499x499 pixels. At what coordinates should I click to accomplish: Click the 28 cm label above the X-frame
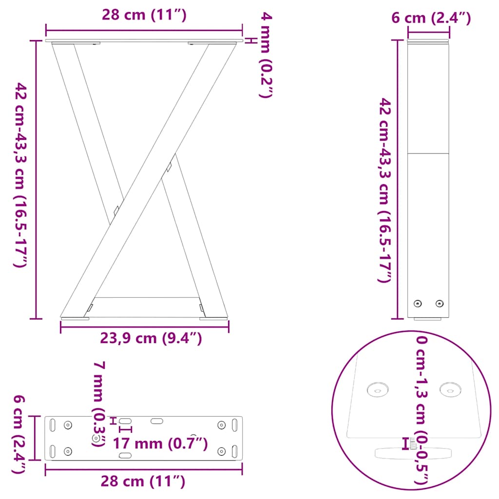144,15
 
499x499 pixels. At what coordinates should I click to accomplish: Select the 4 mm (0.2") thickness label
265,56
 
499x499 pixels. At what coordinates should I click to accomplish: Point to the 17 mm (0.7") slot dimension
160,443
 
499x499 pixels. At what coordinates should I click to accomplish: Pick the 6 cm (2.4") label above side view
431,19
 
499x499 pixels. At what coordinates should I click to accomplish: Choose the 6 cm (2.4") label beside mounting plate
19,434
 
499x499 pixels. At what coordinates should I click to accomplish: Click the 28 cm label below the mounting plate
143,481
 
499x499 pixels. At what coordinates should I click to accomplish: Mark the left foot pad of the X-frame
75,319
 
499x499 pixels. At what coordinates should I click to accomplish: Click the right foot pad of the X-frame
213,319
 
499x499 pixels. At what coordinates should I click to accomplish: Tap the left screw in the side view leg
417,304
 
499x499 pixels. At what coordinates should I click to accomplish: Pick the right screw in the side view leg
440,304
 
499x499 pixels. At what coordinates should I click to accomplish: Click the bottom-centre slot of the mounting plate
125,455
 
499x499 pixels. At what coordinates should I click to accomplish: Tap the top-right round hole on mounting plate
221,425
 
